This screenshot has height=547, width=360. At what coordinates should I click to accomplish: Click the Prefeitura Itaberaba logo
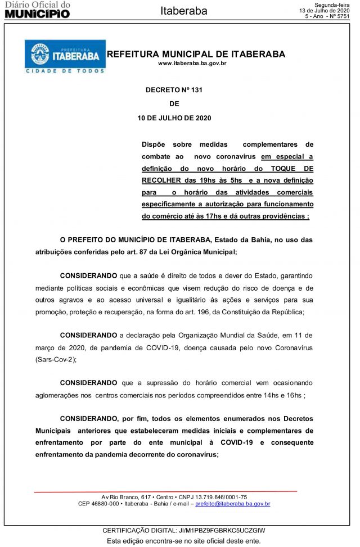tap(65, 56)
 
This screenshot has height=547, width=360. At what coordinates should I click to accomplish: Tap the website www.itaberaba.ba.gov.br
tap(192, 64)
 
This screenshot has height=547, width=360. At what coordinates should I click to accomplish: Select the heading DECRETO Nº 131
tap(173, 90)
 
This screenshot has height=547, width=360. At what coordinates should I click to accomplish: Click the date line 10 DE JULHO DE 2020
tap(174, 118)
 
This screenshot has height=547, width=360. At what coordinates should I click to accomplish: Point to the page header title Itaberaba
tap(184, 11)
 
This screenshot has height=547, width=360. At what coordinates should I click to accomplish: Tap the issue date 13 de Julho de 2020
tap(324, 11)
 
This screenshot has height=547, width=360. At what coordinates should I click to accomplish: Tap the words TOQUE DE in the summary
tap(292, 168)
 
